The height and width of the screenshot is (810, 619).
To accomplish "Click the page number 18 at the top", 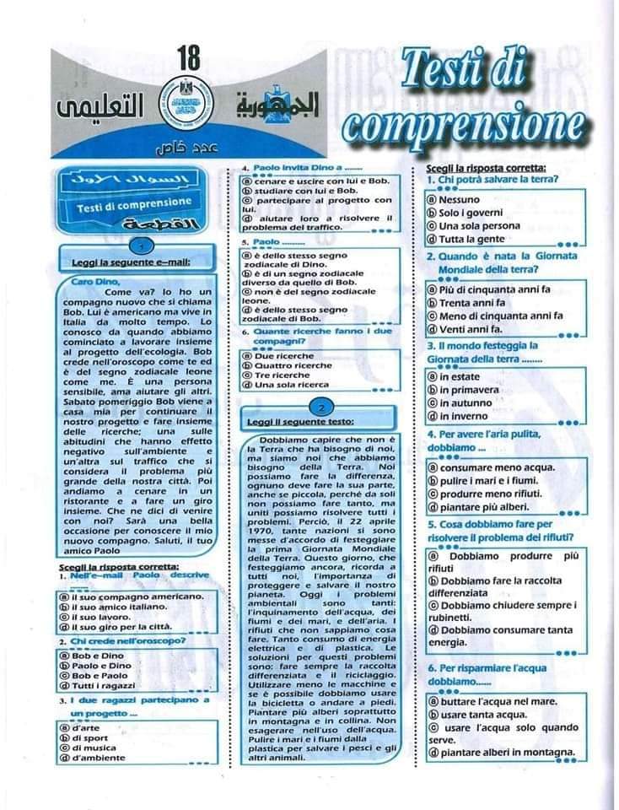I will pyautogui.click(x=190, y=59).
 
